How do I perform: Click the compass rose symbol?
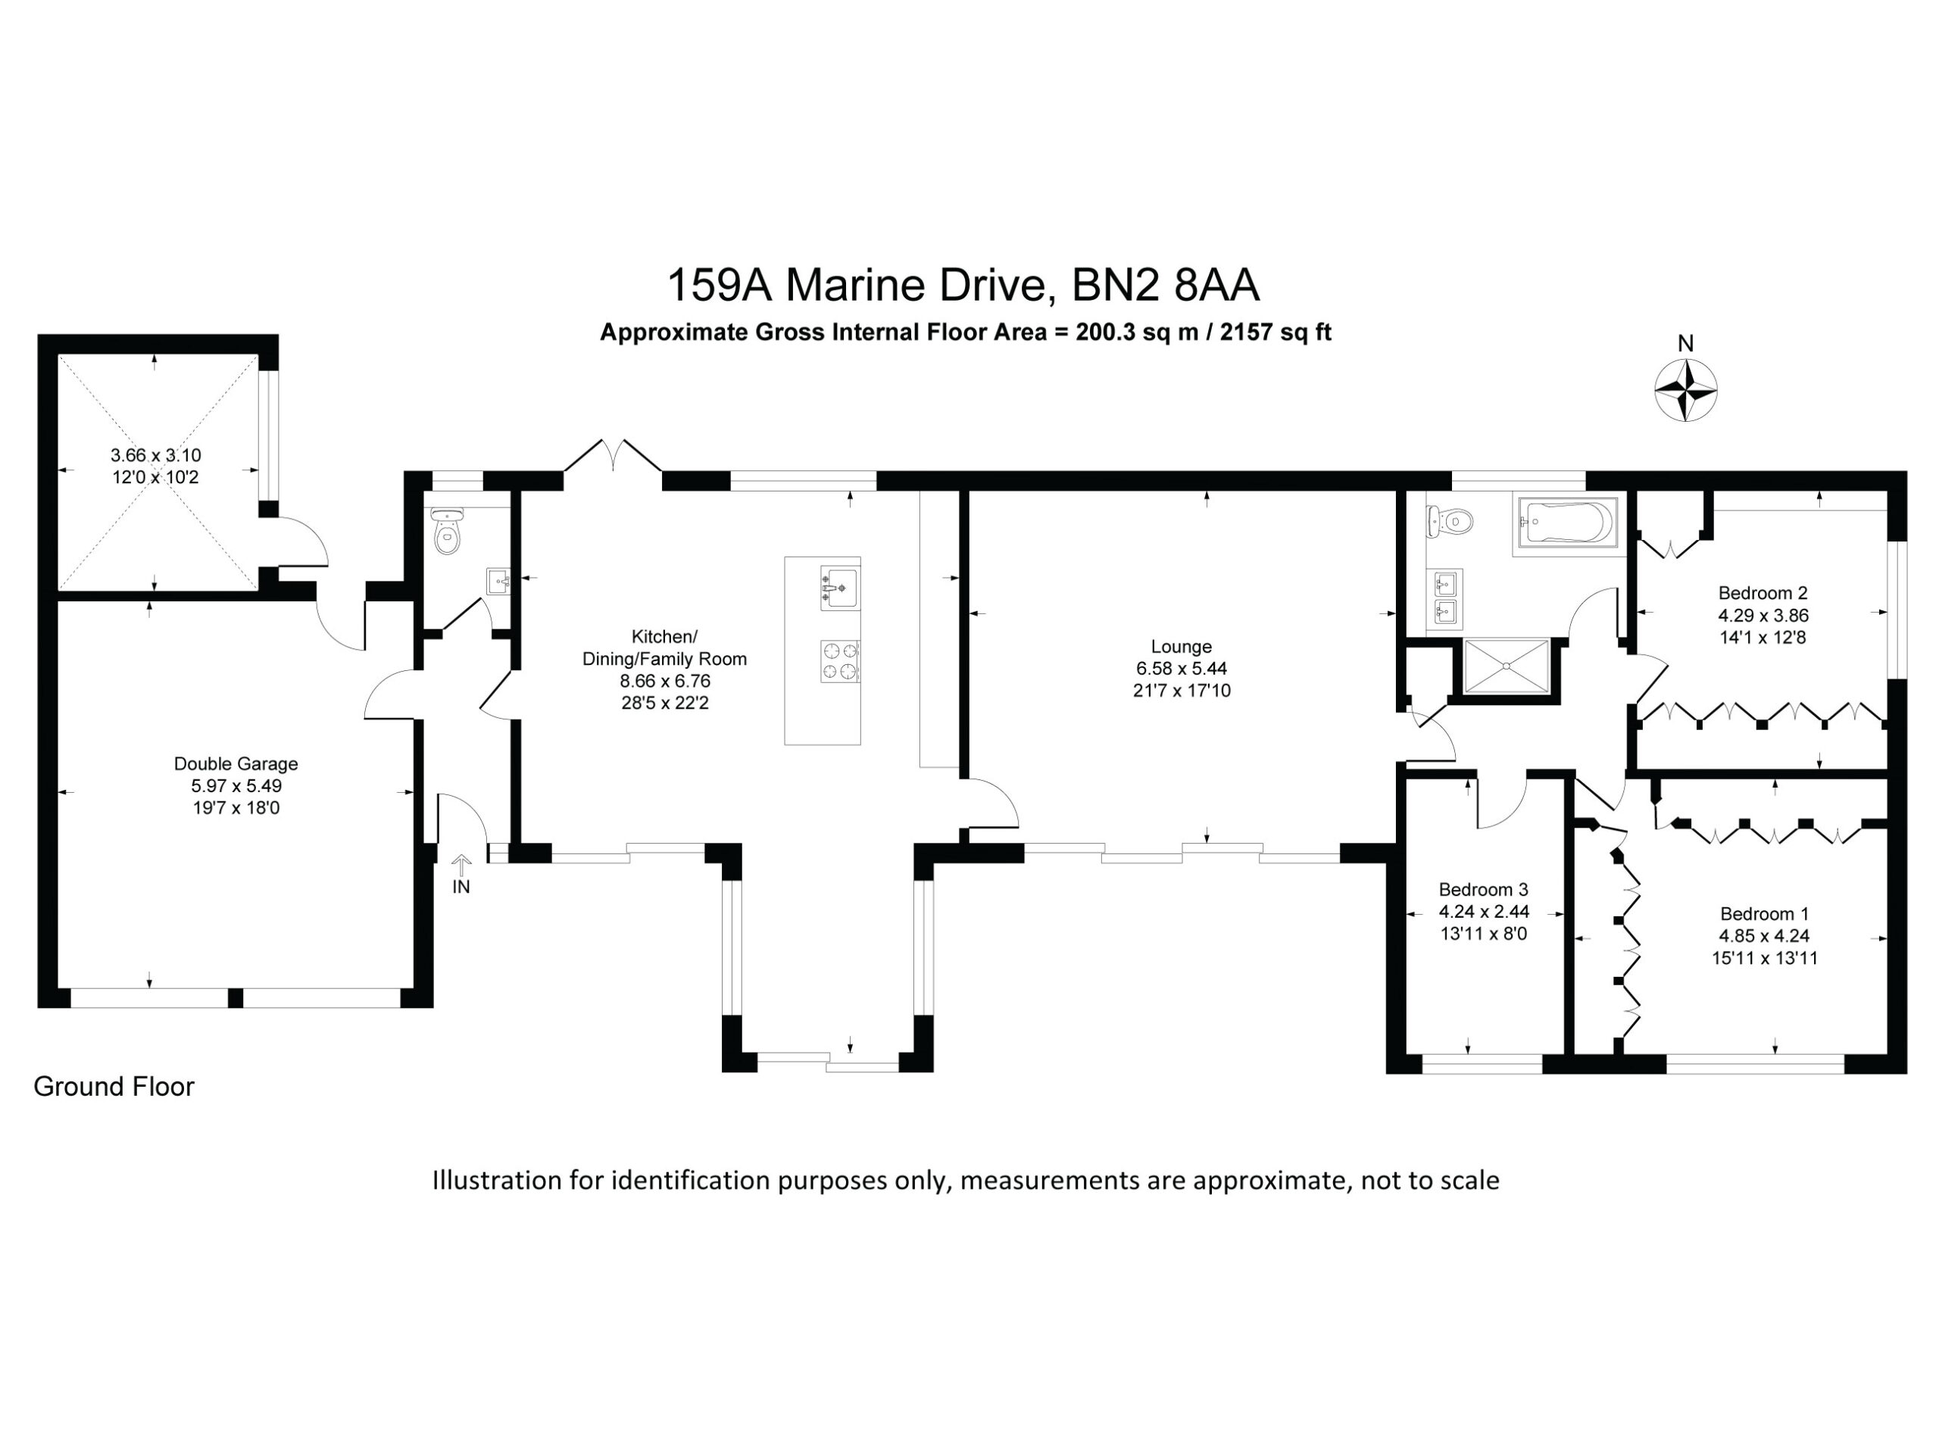point(1686,389)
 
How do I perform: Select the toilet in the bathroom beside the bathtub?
point(1450,523)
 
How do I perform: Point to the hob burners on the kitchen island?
point(840,661)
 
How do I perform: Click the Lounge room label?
point(1181,647)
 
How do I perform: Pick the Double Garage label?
point(236,763)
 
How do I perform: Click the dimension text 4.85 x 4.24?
point(1764,936)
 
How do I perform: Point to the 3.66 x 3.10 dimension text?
point(156,455)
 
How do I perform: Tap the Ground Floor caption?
point(114,1087)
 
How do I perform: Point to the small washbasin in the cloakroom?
point(498,581)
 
